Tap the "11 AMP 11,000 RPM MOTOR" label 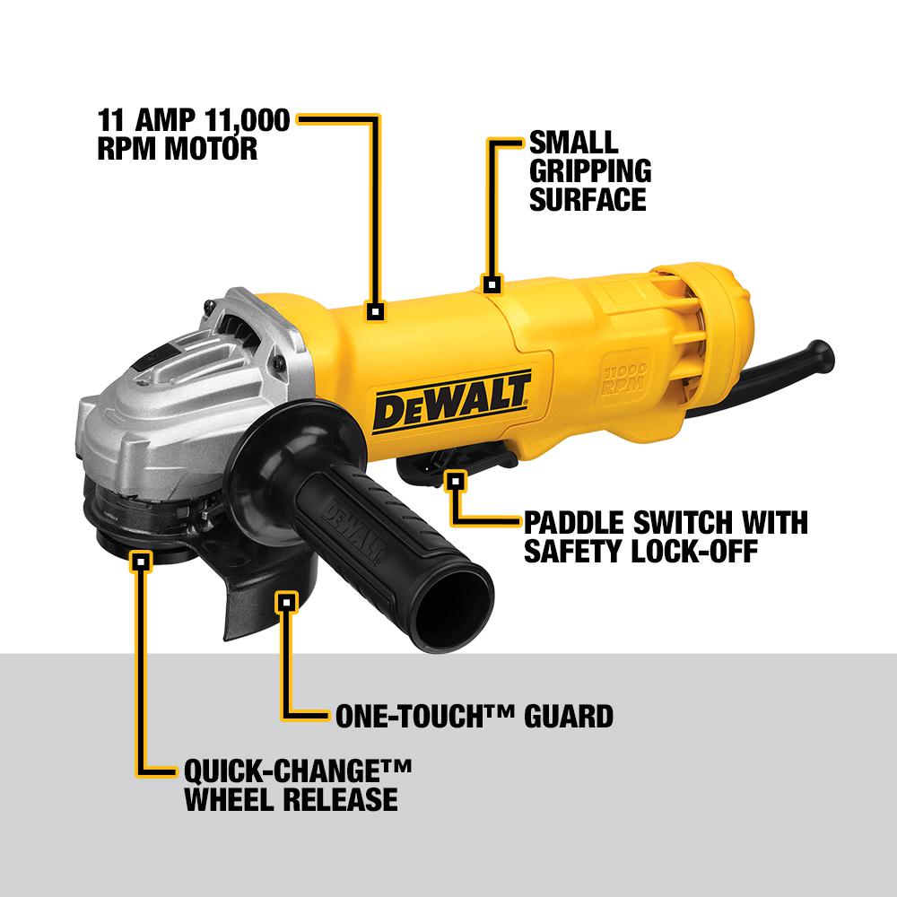click(x=193, y=134)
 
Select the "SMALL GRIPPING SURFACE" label click(x=588, y=170)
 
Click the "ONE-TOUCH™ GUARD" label click(x=474, y=716)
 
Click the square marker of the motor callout click(x=376, y=311)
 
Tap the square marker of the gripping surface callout click(x=491, y=285)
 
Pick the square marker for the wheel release click(x=140, y=562)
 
